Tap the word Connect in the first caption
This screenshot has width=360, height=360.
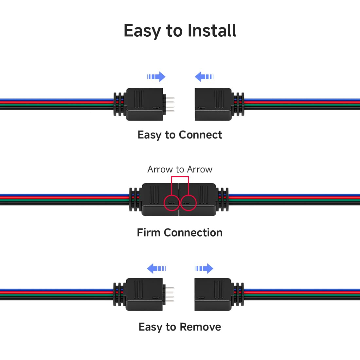(x=200, y=135)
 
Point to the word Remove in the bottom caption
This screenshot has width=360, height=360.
(x=200, y=327)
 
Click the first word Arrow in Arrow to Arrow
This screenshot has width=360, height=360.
(x=160, y=170)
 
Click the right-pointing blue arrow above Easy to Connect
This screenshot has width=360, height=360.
(x=156, y=77)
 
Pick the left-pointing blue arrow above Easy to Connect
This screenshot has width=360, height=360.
(x=204, y=77)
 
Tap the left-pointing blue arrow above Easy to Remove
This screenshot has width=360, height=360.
(x=156, y=268)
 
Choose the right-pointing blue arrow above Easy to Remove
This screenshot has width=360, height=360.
(x=204, y=268)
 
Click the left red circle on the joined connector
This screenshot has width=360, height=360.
(x=164, y=203)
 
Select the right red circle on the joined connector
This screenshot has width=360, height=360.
(x=196, y=203)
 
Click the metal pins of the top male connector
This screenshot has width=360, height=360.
(x=170, y=105)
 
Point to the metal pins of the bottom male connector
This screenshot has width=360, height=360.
(x=170, y=295)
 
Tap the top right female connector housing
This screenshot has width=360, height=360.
(x=213, y=104)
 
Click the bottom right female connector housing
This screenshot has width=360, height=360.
(x=213, y=295)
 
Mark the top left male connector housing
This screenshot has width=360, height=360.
(x=145, y=104)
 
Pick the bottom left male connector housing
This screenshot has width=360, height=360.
(x=144, y=295)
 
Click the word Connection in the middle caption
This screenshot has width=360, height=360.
(x=193, y=233)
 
